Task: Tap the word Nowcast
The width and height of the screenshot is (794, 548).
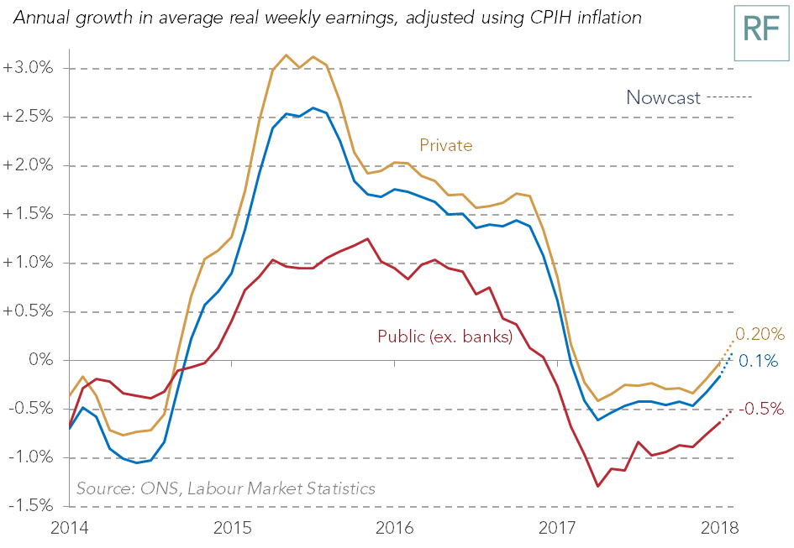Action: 664,97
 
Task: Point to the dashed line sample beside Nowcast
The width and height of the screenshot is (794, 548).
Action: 729,97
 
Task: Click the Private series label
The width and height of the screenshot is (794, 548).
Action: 446,145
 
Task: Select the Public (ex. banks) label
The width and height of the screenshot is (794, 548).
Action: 445,337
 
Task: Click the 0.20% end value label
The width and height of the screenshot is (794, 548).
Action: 760,334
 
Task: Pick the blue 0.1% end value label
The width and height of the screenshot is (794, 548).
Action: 758,361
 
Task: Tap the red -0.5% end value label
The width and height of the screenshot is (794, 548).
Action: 761,409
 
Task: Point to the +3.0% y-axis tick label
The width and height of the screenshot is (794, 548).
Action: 28,68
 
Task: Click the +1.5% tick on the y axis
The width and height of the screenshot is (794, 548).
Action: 28,213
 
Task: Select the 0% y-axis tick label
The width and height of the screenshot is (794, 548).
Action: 41,360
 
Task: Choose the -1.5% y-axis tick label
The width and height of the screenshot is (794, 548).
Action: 30,505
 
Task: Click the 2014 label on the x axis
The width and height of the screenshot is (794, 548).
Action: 70,528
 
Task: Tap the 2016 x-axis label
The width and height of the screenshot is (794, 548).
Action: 394,528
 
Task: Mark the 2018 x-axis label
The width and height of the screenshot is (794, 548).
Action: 719,528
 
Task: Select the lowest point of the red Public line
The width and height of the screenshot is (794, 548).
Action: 598,487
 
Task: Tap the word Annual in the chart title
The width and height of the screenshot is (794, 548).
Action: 41,18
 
